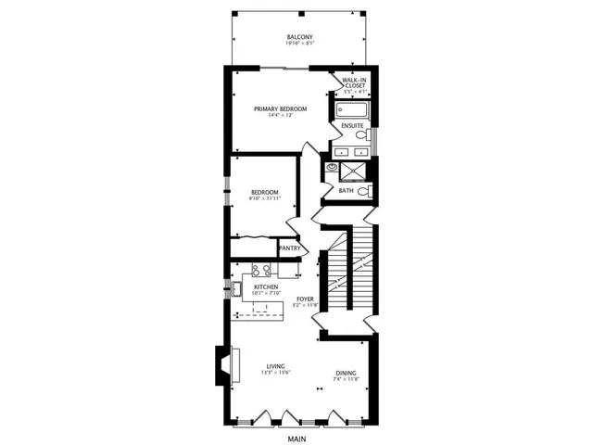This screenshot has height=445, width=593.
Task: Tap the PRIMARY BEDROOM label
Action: coord(281,109)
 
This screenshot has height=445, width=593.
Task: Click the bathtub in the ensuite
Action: coord(353,111)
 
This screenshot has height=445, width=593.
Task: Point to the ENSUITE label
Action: coord(352,125)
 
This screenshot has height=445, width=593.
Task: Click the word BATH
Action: coord(346,191)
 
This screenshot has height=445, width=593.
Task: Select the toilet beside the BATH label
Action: coord(365,191)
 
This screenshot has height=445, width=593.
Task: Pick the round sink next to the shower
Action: coord(329,168)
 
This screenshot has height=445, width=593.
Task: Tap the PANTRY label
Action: coord(290,248)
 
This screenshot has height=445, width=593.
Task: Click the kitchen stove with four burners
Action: coord(260,271)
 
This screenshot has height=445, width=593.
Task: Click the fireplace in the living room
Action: coord(223,364)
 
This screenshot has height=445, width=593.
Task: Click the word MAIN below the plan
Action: coord(296,439)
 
